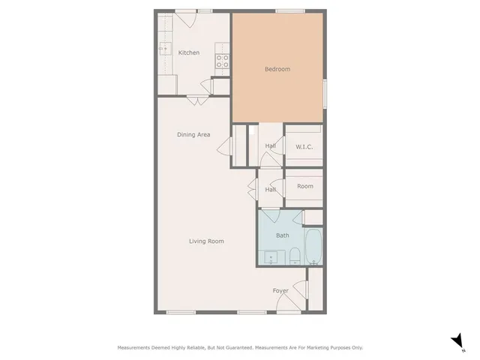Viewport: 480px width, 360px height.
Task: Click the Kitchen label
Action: click(189, 52)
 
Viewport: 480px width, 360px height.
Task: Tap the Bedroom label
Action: click(277, 69)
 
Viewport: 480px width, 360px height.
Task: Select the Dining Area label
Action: click(193, 135)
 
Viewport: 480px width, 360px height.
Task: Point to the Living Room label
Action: click(206, 241)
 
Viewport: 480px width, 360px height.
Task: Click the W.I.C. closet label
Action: click(304, 146)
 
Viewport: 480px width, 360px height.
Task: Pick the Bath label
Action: click(283, 235)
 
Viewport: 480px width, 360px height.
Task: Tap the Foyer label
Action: click(280, 291)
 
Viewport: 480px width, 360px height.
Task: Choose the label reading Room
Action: click(304, 186)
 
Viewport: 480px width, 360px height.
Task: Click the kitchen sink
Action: click(163, 49)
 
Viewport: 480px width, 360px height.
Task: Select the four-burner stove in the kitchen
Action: click(223, 61)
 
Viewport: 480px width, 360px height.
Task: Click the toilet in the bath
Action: click(295, 255)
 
